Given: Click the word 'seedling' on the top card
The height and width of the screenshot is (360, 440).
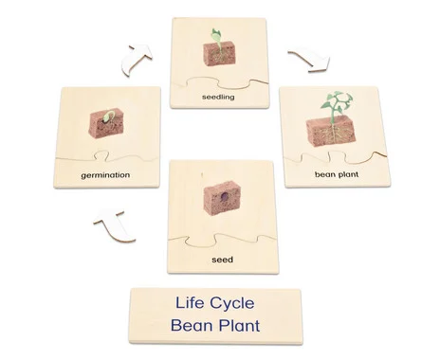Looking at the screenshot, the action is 218,97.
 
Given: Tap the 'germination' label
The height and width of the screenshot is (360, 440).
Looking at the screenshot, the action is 105,175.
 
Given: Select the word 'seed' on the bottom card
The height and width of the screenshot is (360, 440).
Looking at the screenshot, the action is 223,260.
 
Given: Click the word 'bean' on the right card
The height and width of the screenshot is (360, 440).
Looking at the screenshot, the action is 324,174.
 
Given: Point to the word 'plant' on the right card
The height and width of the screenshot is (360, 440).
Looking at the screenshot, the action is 348,174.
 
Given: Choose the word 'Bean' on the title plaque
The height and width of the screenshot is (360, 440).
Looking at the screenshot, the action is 192,325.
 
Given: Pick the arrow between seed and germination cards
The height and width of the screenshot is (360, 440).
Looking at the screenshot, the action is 115,226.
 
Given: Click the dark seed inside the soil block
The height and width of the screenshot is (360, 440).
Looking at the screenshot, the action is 225,197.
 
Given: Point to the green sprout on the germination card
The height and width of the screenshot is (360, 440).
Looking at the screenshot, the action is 108,117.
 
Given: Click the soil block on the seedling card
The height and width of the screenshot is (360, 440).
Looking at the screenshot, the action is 219,54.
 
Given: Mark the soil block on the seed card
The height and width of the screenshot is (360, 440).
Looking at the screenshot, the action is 223,198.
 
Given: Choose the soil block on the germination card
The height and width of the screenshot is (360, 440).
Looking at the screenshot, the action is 106,124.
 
